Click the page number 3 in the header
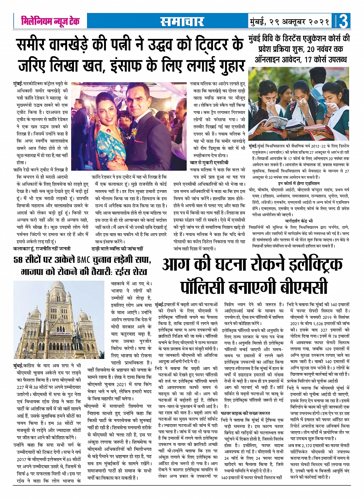[x=344, y=21]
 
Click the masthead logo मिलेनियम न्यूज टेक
[x=50, y=21]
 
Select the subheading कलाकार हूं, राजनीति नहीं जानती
[x=42, y=248]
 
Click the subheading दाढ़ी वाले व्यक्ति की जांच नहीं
[x=117, y=248]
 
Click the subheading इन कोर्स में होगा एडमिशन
[x=299, y=184]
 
